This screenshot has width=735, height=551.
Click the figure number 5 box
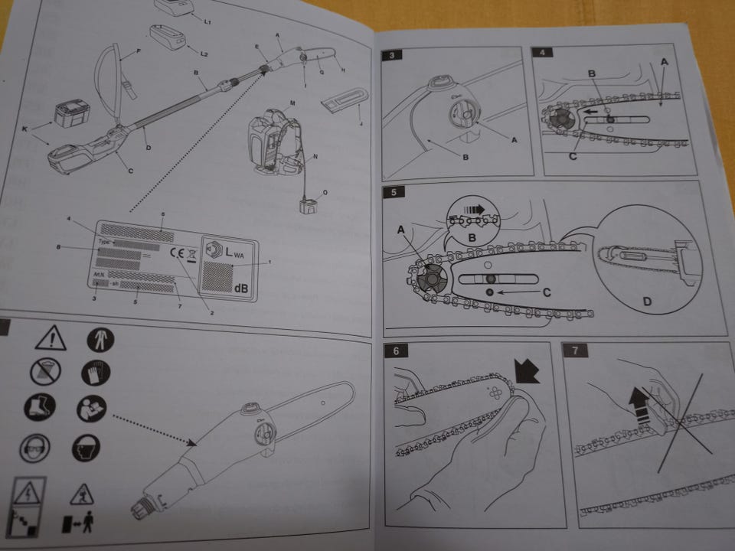(392, 191)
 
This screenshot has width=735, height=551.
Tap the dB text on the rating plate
(240, 288)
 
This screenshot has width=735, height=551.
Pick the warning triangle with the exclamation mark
(51, 336)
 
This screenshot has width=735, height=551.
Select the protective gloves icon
(96, 373)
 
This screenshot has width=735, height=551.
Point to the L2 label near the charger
(204, 54)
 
